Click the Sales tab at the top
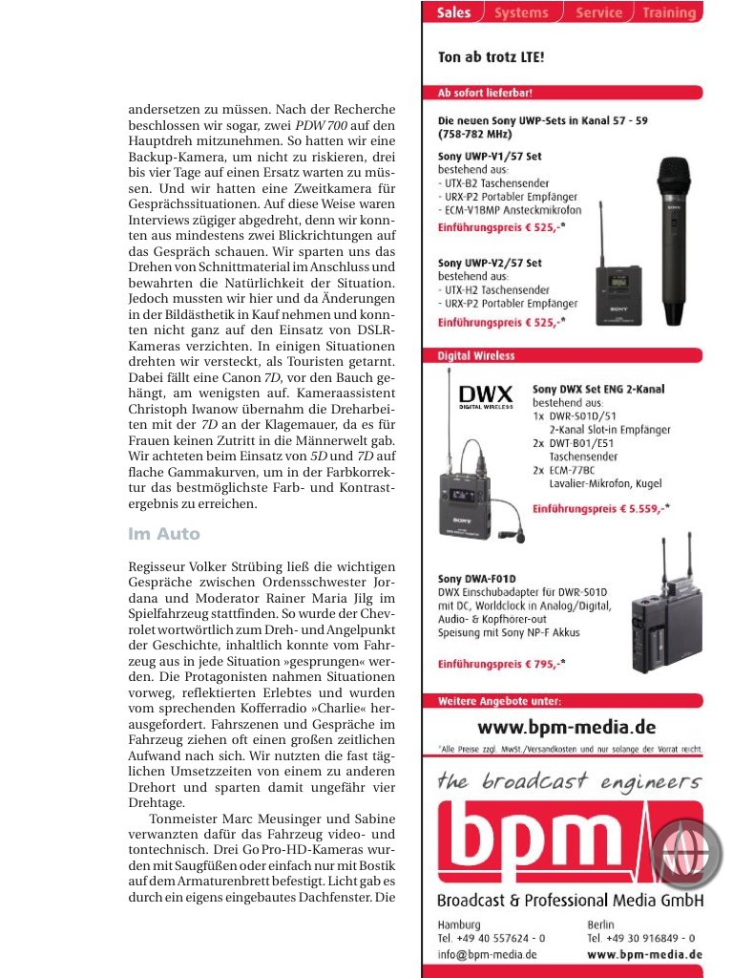coord(454,13)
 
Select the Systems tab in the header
coord(521,13)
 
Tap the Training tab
coord(668,13)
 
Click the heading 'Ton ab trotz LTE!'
coord(492,57)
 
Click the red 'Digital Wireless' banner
coord(477,355)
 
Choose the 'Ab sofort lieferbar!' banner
coord(486,94)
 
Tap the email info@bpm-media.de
coord(487,954)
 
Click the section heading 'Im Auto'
coord(164,534)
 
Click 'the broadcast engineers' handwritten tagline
coord(569,781)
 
